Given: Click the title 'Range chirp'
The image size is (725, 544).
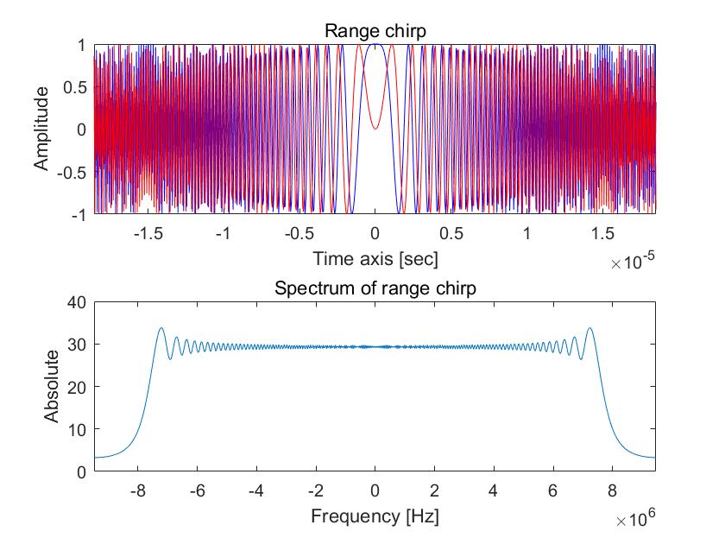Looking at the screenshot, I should click(375, 31).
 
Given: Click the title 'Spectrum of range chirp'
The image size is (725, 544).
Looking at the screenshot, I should click(375, 288).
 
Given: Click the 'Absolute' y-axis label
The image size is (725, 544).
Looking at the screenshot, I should click(52, 386).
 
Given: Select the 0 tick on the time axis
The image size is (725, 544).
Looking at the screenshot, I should click(375, 233).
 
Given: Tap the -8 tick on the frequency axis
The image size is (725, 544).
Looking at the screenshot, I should click(136, 490).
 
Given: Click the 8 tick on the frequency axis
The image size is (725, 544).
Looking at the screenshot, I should click(612, 490).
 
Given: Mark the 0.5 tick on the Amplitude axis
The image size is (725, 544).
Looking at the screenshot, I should click(75, 87).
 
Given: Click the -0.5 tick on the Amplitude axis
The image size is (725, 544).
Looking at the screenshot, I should click(72, 171).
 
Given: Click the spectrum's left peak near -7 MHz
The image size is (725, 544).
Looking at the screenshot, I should click(161, 328).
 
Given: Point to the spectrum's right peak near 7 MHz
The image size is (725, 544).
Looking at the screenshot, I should click(589, 328).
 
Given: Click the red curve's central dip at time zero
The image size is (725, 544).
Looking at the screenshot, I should click(375, 129).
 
